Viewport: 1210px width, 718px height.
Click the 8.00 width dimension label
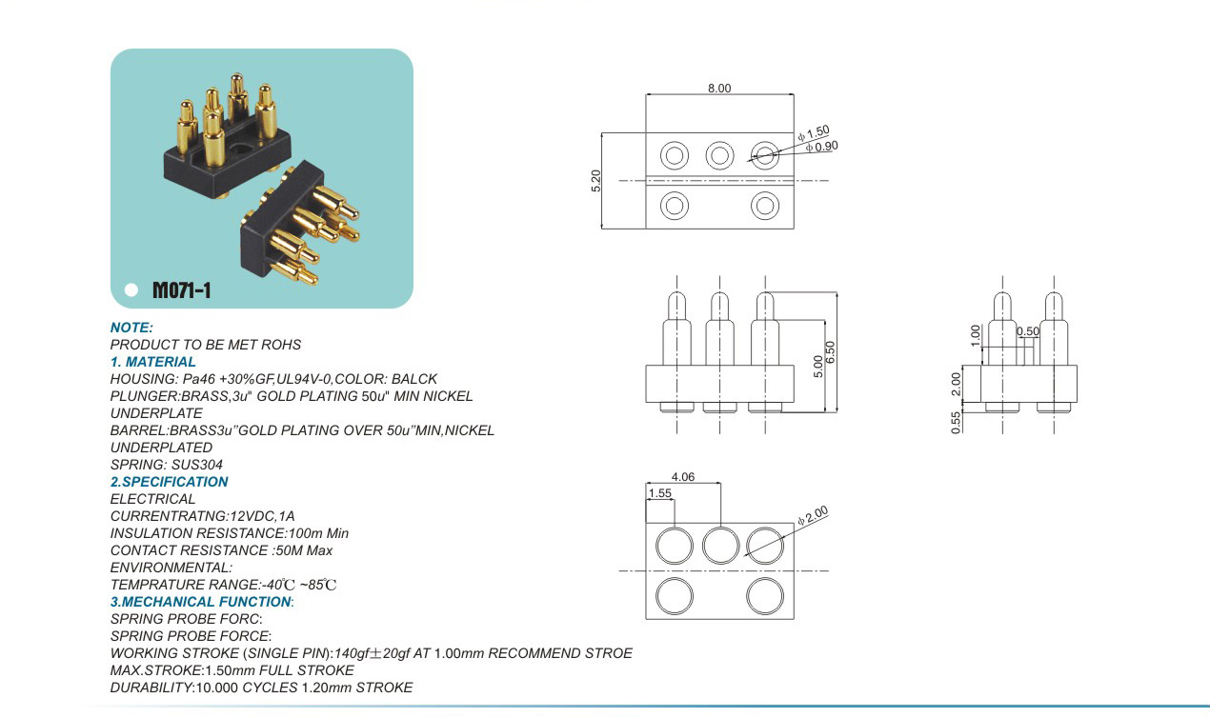(719, 88)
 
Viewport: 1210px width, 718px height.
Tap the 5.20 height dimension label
(595, 181)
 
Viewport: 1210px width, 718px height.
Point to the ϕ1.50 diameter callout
(814, 133)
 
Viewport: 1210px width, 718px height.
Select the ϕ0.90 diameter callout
(821, 147)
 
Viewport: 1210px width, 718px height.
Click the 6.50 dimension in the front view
(831, 352)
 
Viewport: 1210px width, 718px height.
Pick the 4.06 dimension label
(683, 477)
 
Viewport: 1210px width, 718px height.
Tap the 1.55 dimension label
(659, 493)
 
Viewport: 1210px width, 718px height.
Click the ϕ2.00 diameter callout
(813, 515)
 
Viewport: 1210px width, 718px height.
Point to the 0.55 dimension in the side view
(957, 422)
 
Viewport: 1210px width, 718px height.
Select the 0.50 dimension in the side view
(1027, 331)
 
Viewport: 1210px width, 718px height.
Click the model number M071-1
(181, 290)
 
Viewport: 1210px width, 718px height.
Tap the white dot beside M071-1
(131, 289)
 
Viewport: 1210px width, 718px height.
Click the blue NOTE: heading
(131, 328)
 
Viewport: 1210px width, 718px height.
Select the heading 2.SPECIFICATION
(169, 482)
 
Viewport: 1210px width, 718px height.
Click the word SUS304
(197, 465)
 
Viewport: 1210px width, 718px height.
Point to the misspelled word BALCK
(414, 379)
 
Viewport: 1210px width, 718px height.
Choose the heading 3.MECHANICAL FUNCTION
(201, 602)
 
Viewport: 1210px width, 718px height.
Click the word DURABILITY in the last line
(151, 688)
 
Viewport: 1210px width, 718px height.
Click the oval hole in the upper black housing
(238, 148)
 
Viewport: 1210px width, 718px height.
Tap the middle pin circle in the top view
(719, 155)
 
